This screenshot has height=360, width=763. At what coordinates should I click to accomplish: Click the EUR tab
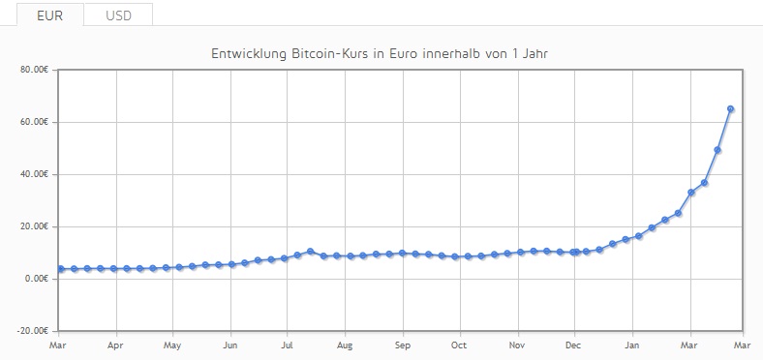pos(50,15)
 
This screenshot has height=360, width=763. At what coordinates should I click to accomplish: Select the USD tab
pos(119,15)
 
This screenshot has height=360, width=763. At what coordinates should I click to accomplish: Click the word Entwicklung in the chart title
pos(249,53)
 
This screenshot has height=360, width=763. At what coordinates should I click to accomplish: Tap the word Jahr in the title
pos(535,53)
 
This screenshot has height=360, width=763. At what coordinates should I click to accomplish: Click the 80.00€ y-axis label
pos(35,70)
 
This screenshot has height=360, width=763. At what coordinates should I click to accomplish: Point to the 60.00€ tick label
pos(35,122)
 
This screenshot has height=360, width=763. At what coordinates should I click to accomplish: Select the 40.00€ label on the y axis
pos(35,174)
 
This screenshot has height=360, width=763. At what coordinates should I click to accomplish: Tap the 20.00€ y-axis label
pos(35,226)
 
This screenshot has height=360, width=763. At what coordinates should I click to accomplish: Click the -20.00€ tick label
pos(33,331)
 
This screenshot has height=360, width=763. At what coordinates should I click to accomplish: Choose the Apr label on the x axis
pos(116,345)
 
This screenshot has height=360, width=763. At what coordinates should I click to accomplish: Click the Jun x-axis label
pos(230,345)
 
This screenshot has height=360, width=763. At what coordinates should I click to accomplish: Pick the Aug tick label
pos(345,345)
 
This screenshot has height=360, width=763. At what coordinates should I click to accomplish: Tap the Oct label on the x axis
pos(459,345)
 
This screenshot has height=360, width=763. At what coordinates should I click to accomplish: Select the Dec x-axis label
pos(574,345)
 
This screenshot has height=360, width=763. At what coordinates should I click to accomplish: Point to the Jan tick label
pos(632,345)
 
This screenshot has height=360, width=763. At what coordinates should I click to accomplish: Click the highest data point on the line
pos(730,109)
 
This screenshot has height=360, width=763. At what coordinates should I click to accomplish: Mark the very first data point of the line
pos(61,268)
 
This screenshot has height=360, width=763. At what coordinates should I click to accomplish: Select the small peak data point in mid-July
pos(311,251)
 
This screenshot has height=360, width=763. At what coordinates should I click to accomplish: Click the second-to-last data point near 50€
pos(717,150)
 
